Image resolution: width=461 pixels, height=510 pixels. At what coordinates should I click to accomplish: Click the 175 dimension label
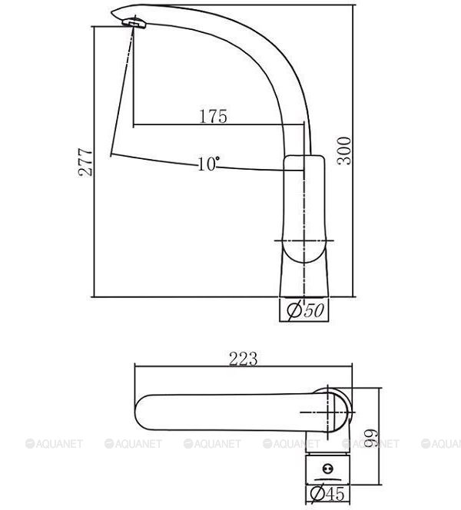click(x=213, y=116)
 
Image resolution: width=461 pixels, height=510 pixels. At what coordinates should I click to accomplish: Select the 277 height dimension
click(x=85, y=162)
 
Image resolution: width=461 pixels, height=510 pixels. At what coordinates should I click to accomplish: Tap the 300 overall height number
click(x=344, y=151)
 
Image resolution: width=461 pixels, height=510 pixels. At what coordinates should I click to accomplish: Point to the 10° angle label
click(x=208, y=164)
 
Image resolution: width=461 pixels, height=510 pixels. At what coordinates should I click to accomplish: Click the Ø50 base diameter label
click(x=305, y=310)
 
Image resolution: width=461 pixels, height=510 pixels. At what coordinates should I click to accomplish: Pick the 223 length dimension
click(x=244, y=359)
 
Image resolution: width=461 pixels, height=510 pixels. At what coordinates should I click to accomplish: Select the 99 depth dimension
click(x=371, y=438)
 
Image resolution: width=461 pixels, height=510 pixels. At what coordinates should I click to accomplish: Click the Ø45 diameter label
click(x=327, y=493)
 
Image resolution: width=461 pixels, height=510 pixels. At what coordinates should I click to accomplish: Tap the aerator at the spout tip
click(x=134, y=23)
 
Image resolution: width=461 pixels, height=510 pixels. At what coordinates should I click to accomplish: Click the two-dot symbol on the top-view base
click(x=327, y=469)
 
